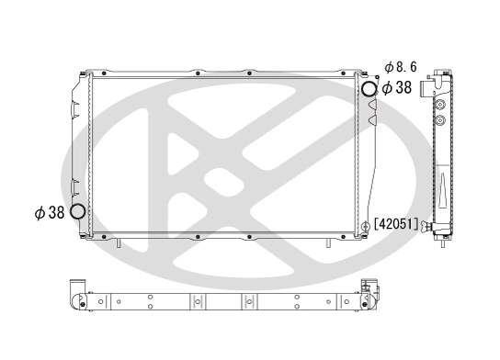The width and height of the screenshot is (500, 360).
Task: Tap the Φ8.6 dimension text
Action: click(402, 67)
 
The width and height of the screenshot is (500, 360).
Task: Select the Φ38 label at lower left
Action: click(50, 212)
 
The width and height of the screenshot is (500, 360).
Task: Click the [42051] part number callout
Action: click(397, 223)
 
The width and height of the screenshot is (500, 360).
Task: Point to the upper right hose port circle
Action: click(369, 89)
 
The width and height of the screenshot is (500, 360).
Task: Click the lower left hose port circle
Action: click(77, 212)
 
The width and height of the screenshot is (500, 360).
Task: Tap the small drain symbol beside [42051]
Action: click(369, 223)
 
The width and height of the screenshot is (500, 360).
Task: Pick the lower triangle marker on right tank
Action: click(371, 118)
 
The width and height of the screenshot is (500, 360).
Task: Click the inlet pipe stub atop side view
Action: click(428, 88)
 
